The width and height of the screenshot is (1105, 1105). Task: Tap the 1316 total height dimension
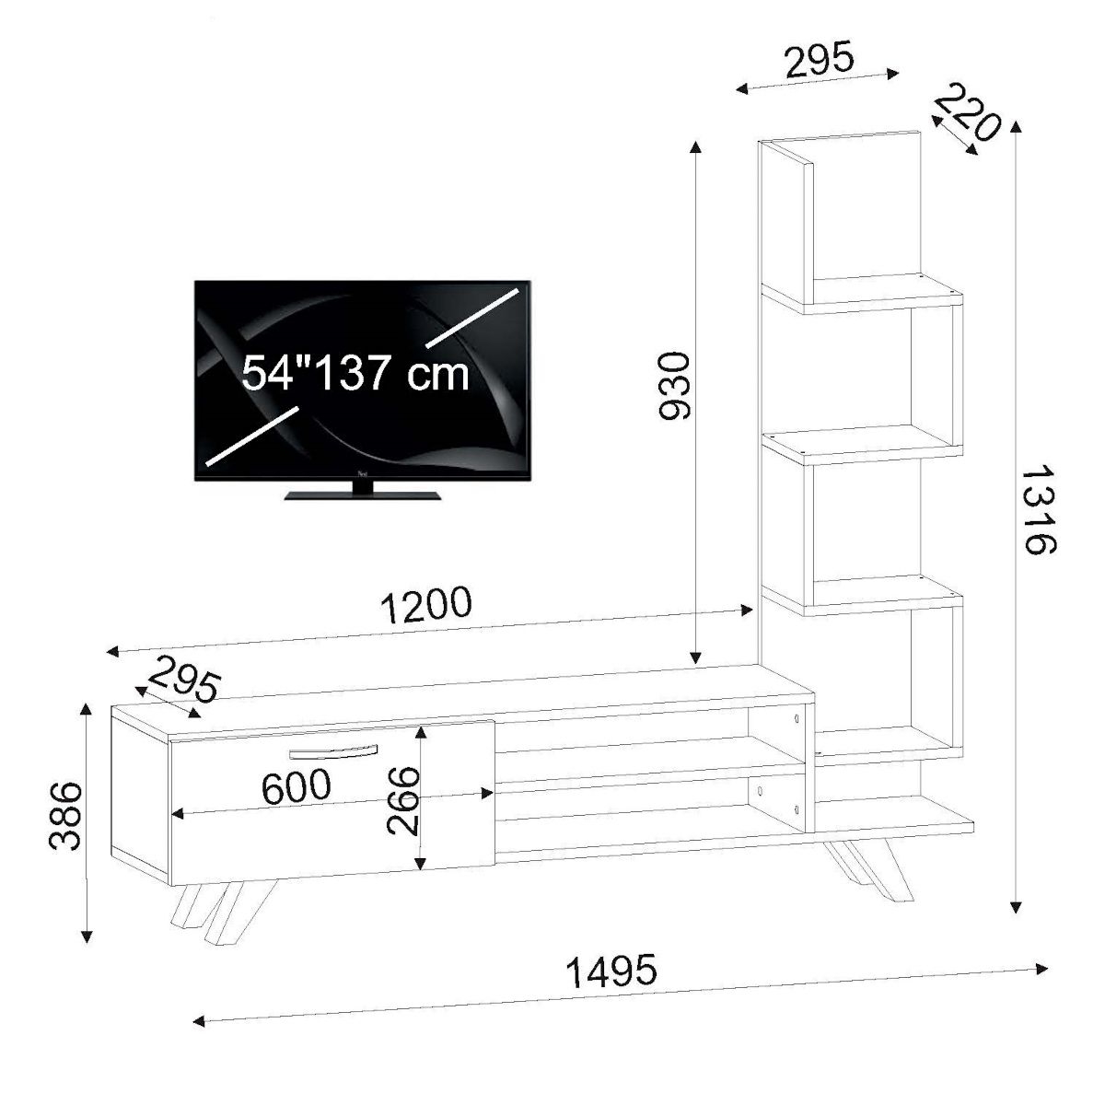[x=1039, y=510]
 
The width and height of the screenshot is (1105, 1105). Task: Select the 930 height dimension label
[x=674, y=387]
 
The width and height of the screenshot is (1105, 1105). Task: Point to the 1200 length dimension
[x=426, y=605]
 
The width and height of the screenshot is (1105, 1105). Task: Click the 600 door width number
[x=297, y=785]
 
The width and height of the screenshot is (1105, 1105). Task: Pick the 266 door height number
[x=403, y=800]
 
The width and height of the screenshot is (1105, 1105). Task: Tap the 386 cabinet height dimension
[x=66, y=816]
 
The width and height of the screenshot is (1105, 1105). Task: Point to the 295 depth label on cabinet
[x=183, y=680]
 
